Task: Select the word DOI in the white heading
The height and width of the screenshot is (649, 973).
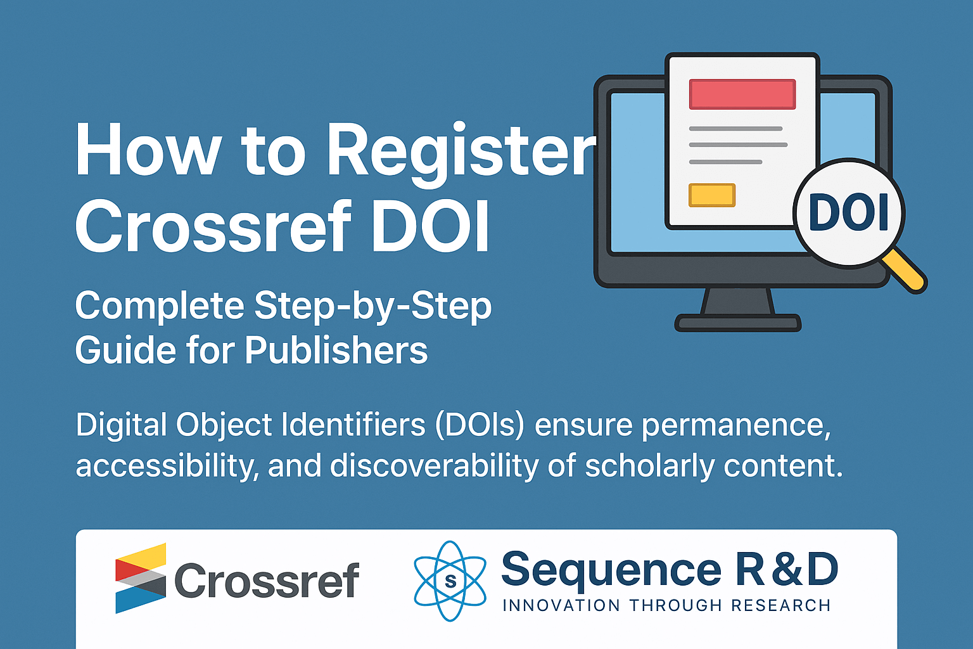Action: (431, 226)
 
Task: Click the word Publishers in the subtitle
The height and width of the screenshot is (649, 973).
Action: (336, 350)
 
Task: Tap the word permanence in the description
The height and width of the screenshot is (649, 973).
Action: (737, 426)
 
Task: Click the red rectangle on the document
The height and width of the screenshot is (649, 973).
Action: (742, 94)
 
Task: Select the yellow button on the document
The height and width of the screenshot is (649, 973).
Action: (712, 195)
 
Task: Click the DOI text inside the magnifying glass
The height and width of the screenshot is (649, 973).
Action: (848, 213)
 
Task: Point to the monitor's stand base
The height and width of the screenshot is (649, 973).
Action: (737, 323)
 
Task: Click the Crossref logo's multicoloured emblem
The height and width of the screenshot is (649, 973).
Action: (141, 578)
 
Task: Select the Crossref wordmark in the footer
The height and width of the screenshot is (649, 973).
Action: (267, 581)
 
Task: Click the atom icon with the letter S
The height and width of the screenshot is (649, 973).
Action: (450, 581)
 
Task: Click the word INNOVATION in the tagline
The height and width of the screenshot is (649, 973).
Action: (561, 605)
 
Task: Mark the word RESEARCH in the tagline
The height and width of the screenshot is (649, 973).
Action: (781, 605)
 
